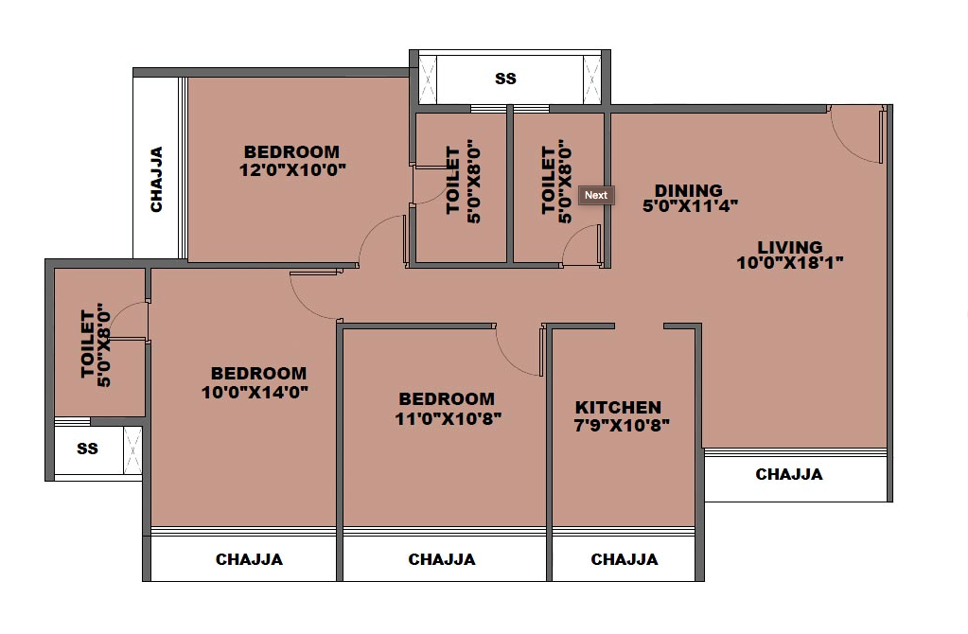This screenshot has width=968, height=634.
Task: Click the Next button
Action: tap(596, 195)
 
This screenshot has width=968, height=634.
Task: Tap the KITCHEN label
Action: tap(618, 407)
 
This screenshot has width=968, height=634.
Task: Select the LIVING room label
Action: tap(790, 247)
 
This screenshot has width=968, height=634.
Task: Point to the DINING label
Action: tap(688, 190)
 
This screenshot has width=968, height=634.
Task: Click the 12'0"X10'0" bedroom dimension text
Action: tap(292, 170)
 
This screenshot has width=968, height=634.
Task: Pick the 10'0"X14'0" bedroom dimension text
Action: tap(255, 391)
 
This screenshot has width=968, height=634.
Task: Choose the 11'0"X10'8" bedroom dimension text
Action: tap(448, 417)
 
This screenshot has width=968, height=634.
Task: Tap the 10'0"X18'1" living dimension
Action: tap(790, 263)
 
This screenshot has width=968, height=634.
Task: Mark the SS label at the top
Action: tap(506, 79)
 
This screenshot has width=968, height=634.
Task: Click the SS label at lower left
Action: tap(87, 449)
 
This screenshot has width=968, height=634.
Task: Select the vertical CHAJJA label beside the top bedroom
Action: tap(156, 179)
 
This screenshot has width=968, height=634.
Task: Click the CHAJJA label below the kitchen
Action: tap(624, 559)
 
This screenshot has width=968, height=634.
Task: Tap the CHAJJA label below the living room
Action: tap(789, 474)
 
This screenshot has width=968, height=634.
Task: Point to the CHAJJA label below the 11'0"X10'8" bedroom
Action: tap(442, 559)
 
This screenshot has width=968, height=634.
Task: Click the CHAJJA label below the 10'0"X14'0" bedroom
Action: tap(249, 559)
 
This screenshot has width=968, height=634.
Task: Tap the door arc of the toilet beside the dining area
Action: tap(579, 248)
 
